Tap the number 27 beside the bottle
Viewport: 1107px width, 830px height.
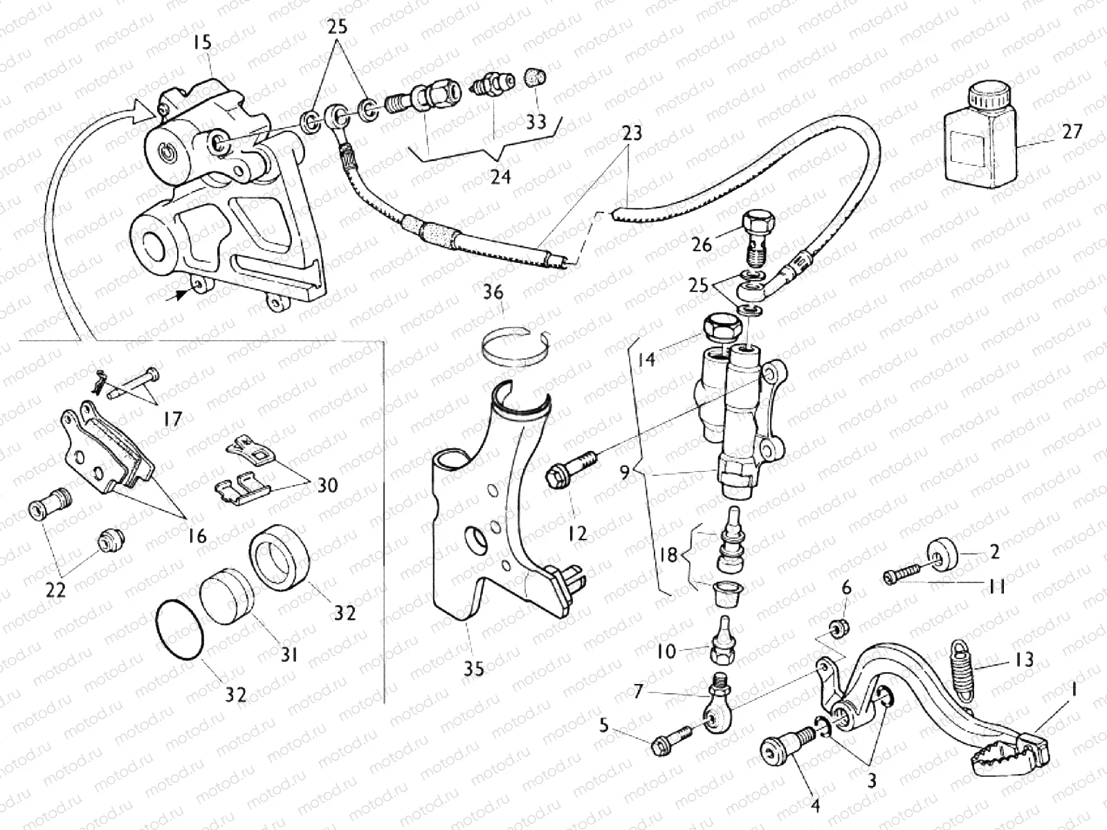(1072, 131)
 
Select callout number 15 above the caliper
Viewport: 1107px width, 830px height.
(203, 43)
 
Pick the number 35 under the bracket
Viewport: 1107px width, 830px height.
(473, 669)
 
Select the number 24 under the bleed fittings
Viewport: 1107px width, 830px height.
(500, 177)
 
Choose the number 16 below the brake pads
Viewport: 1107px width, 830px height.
(197, 535)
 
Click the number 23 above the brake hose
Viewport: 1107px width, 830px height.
(632, 132)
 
